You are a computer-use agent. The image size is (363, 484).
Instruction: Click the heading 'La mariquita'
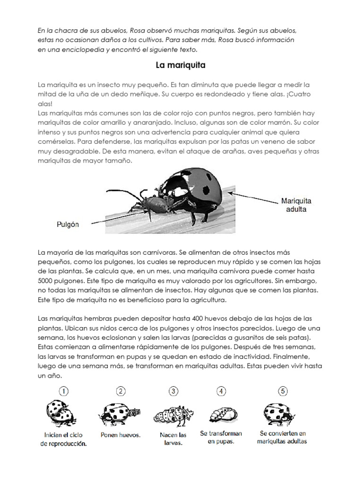[181, 64]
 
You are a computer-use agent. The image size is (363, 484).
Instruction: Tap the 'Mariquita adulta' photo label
[296, 205]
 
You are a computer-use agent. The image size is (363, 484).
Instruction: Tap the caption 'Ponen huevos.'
[121, 435]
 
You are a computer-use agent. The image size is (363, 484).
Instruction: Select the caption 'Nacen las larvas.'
[173, 439]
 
